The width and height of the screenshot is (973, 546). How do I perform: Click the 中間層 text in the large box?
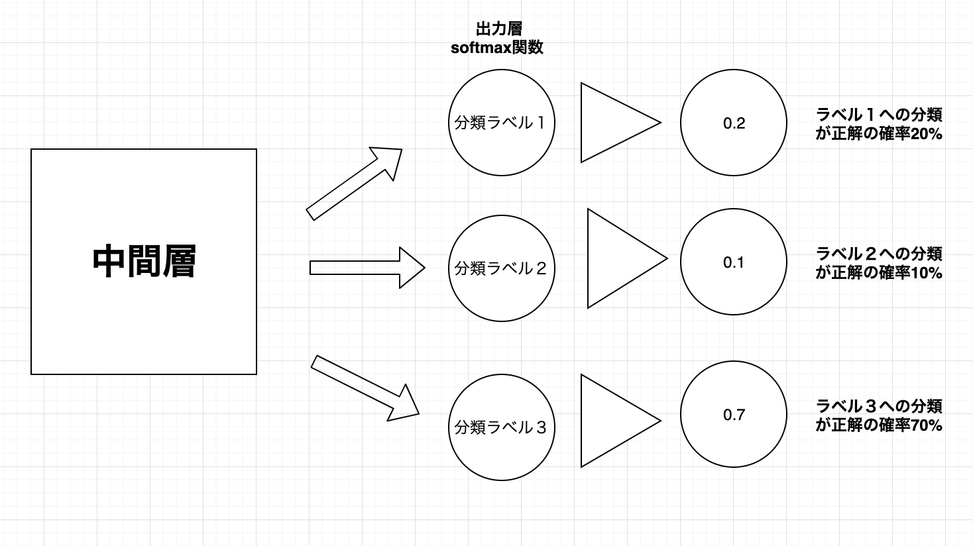click(144, 262)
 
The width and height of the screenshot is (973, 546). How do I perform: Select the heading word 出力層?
click(498, 29)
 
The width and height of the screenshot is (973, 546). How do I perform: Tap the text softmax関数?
click(497, 48)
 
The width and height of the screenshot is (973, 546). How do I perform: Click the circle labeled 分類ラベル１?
click(501, 123)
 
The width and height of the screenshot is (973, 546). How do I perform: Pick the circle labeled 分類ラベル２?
click(501, 268)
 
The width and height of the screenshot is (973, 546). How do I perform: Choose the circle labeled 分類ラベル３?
click(501, 427)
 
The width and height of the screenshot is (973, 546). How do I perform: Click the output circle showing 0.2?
click(734, 123)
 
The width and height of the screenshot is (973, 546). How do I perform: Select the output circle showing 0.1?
click(734, 262)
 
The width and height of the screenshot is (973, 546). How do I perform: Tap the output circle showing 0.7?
click(734, 415)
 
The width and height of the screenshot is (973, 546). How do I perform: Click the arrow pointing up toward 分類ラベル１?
click(355, 184)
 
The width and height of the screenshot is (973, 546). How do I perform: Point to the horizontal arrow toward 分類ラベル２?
click(367, 268)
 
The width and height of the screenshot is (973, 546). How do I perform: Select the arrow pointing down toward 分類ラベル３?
click(365, 388)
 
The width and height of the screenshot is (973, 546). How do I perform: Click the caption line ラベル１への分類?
click(879, 115)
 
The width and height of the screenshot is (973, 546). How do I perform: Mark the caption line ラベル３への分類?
click(879, 406)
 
